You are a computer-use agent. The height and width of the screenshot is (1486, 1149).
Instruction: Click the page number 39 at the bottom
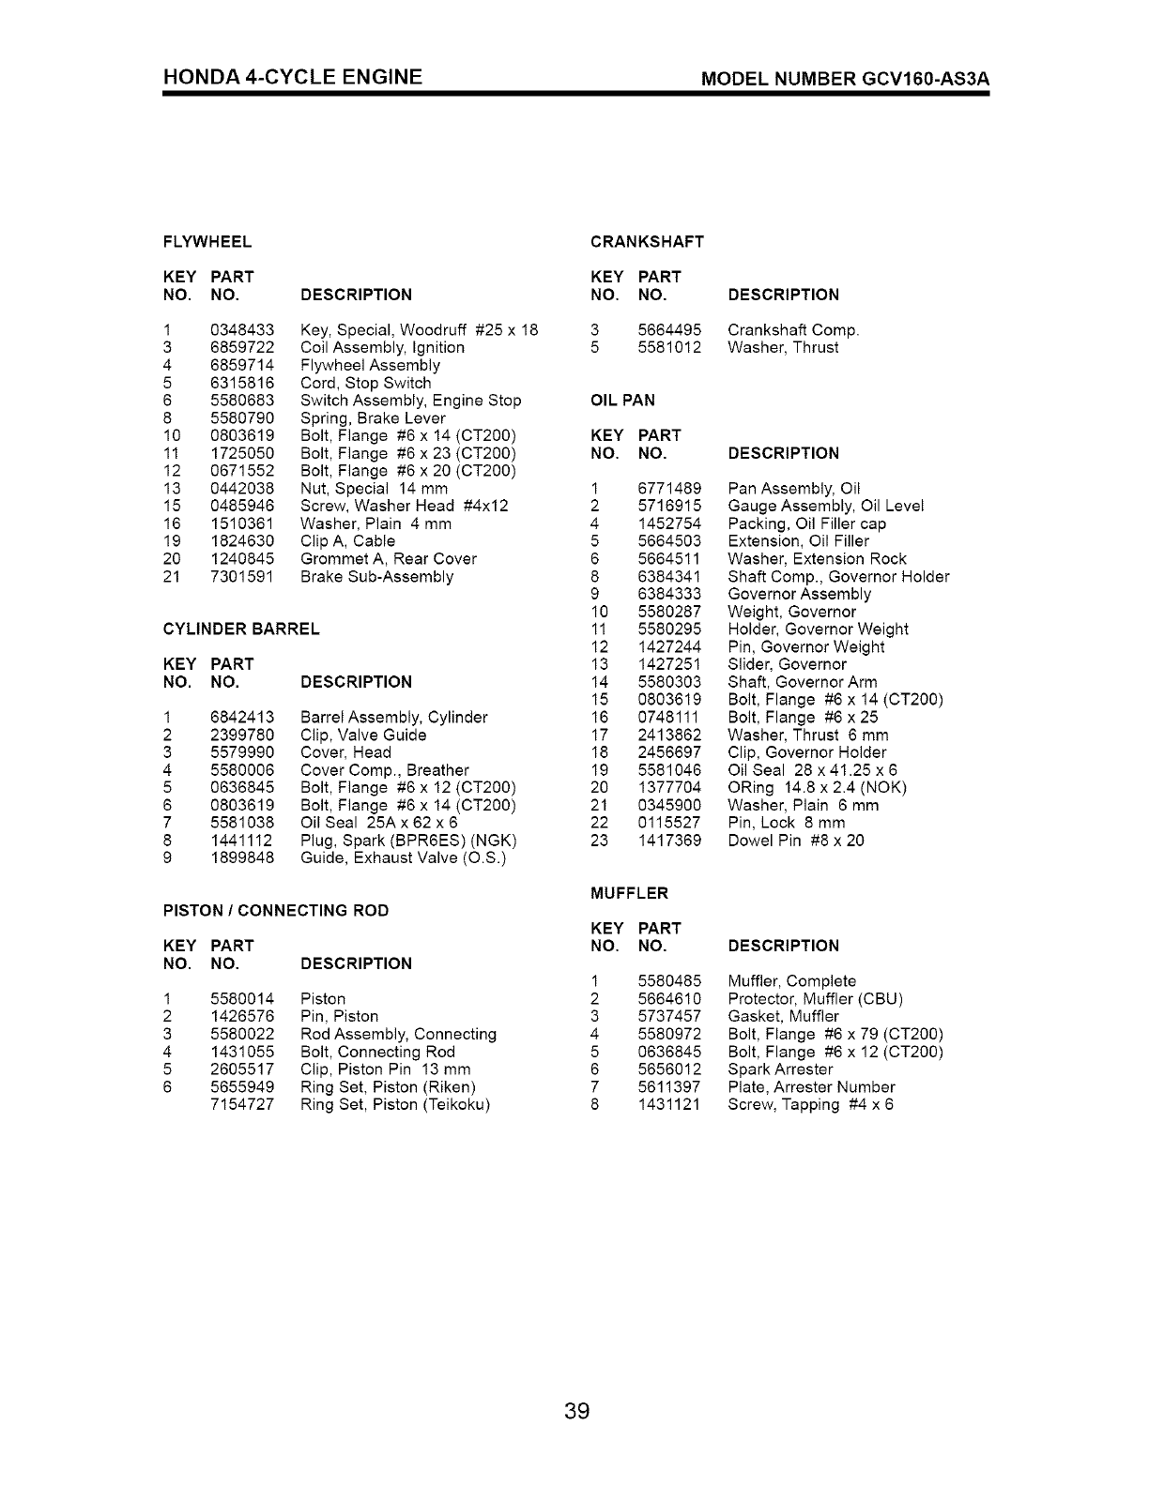(x=576, y=1411)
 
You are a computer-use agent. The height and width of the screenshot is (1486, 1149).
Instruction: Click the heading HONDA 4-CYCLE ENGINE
(x=292, y=77)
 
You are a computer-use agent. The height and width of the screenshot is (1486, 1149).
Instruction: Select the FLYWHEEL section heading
(x=207, y=242)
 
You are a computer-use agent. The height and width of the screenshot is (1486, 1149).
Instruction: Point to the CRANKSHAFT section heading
(x=647, y=242)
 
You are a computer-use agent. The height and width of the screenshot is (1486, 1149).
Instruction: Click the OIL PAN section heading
(x=622, y=401)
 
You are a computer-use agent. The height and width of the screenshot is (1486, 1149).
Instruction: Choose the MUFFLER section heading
(x=629, y=893)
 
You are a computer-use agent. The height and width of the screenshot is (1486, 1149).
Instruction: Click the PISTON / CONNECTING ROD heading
(x=276, y=911)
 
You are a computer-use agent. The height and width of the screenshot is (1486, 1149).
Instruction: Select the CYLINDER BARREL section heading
(x=241, y=629)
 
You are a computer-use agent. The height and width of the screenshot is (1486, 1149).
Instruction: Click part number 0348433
(x=242, y=330)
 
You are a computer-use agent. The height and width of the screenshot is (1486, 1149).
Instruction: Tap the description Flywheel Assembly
(x=370, y=365)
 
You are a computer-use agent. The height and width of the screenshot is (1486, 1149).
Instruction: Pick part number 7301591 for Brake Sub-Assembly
(x=242, y=576)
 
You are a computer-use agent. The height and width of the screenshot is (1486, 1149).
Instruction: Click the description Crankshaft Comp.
(x=793, y=330)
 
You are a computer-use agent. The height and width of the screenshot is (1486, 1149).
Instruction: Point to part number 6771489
(x=669, y=489)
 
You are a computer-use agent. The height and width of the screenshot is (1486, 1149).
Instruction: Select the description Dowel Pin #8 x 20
(x=796, y=841)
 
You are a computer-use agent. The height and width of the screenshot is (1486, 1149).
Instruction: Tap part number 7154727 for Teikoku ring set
(x=242, y=1104)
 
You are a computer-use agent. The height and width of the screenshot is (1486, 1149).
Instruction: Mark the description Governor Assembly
(x=799, y=594)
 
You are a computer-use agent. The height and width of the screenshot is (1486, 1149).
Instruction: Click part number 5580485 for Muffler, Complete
(x=669, y=981)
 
